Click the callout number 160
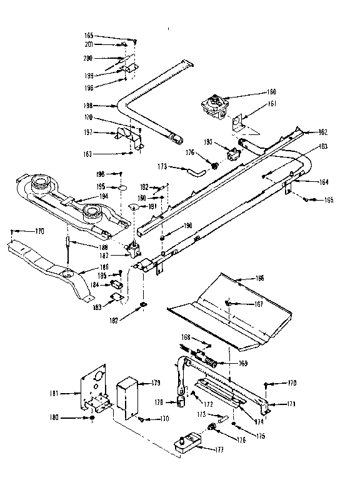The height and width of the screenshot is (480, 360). (254, 92)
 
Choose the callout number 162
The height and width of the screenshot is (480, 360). (322, 132)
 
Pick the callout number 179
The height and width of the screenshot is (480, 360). (154, 382)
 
